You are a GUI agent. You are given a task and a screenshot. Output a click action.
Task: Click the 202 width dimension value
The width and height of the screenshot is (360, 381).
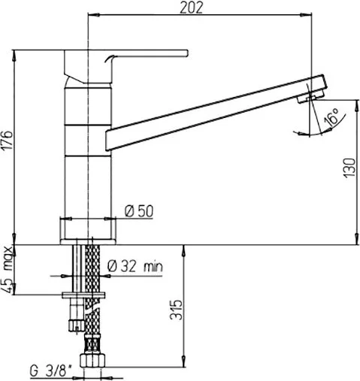(x=191, y=8)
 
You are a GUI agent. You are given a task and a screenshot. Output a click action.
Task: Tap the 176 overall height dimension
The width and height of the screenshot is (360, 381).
(x=8, y=140)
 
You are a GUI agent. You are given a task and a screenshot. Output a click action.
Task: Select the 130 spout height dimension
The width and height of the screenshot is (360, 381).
(x=349, y=168)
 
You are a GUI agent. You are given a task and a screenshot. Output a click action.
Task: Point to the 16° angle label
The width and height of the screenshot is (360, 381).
(x=332, y=117)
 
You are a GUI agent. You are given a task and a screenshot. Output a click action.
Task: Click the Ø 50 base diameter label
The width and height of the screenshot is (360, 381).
(x=139, y=211)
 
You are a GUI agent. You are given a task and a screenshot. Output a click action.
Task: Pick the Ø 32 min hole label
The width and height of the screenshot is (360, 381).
(x=135, y=266)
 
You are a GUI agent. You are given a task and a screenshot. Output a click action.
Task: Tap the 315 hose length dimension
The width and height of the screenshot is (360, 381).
(x=176, y=310)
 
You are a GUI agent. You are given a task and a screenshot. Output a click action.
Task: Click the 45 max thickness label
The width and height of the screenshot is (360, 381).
(x=8, y=270)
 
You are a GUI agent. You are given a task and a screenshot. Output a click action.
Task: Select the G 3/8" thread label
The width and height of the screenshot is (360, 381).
(x=50, y=370)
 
